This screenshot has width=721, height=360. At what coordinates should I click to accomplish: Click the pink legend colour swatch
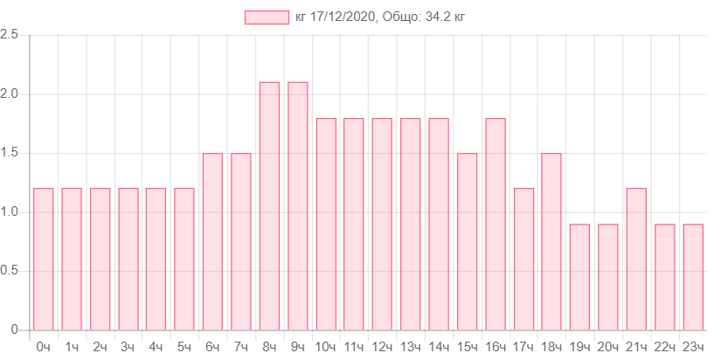point(267,17)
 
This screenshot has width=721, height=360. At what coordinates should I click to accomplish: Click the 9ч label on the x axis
point(297,347)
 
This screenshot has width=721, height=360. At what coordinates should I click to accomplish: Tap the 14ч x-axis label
point(439,347)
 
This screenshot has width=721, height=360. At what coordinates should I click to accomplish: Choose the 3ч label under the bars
point(128,347)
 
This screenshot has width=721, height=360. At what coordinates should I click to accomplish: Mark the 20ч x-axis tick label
point(608,347)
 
